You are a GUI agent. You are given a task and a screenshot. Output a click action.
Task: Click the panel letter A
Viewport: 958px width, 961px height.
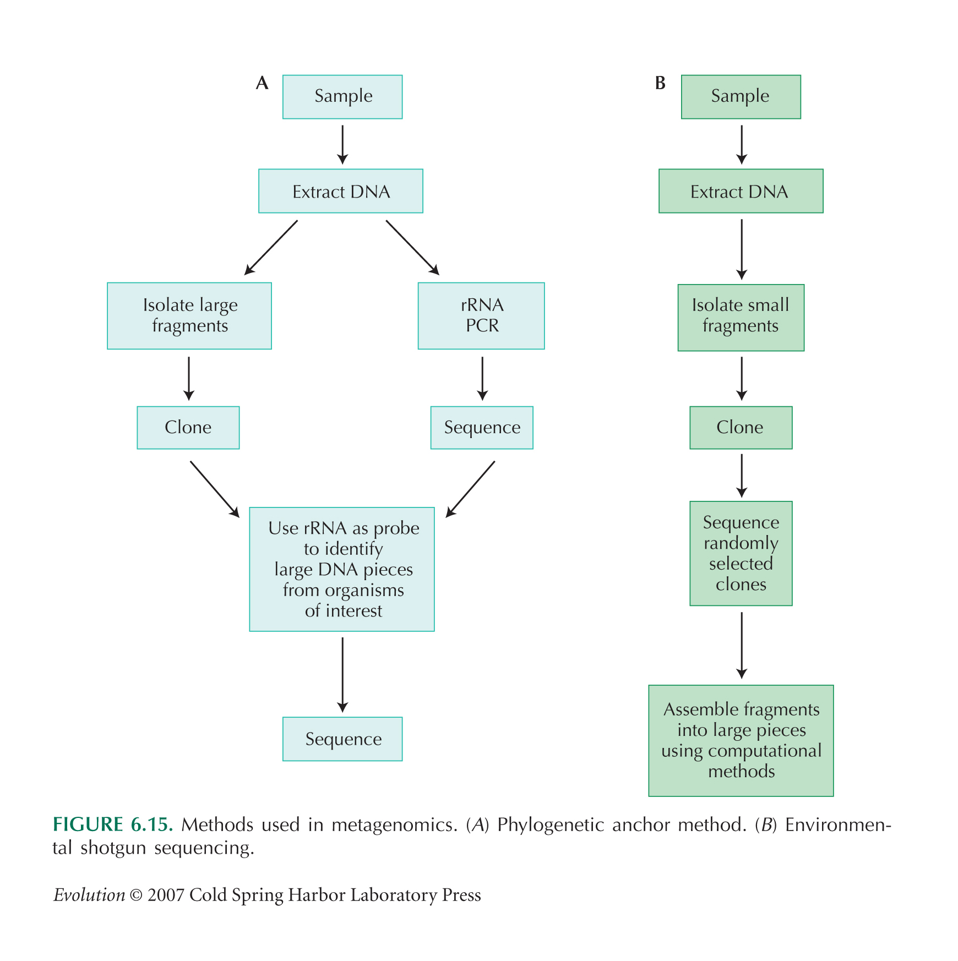point(262,83)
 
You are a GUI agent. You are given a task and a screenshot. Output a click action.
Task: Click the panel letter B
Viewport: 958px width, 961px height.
point(660,83)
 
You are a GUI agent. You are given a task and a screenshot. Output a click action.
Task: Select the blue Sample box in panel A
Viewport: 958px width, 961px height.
point(342,97)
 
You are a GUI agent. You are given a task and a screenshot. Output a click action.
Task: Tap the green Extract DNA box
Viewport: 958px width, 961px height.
point(741,191)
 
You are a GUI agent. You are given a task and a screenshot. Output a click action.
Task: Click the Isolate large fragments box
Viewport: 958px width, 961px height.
point(189,316)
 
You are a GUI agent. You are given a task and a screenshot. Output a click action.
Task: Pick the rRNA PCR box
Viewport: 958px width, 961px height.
point(481,316)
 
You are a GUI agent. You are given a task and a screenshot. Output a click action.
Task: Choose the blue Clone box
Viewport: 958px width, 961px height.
point(188,428)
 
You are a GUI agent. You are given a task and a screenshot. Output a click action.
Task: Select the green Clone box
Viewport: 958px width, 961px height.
point(741,428)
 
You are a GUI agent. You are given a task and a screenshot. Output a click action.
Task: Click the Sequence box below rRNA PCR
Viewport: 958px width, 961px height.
point(482,428)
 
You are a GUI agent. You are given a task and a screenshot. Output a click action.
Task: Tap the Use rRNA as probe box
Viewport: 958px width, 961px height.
point(342,569)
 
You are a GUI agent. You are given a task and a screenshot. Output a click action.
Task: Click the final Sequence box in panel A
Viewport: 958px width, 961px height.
point(342,739)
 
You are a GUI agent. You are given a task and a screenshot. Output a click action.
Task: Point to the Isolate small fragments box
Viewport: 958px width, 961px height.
point(741,318)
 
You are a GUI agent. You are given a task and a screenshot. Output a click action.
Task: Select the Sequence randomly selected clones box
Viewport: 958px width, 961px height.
point(741,553)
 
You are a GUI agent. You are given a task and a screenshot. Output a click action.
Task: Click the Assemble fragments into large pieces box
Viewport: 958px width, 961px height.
point(741,741)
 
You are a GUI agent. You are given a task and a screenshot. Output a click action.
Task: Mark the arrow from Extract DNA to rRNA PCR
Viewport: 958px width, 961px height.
point(412,248)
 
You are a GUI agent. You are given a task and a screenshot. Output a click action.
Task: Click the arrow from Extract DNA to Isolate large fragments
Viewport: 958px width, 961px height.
point(271,248)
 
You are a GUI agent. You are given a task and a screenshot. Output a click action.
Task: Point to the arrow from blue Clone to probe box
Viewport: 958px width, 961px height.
point(215,489)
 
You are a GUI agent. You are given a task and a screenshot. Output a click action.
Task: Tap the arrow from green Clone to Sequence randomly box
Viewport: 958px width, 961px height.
point(742,476)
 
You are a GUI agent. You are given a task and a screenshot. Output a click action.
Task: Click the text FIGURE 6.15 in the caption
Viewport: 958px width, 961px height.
point(113,825)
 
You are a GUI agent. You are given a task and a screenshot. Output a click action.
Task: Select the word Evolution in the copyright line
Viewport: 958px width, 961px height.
point(89,895)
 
